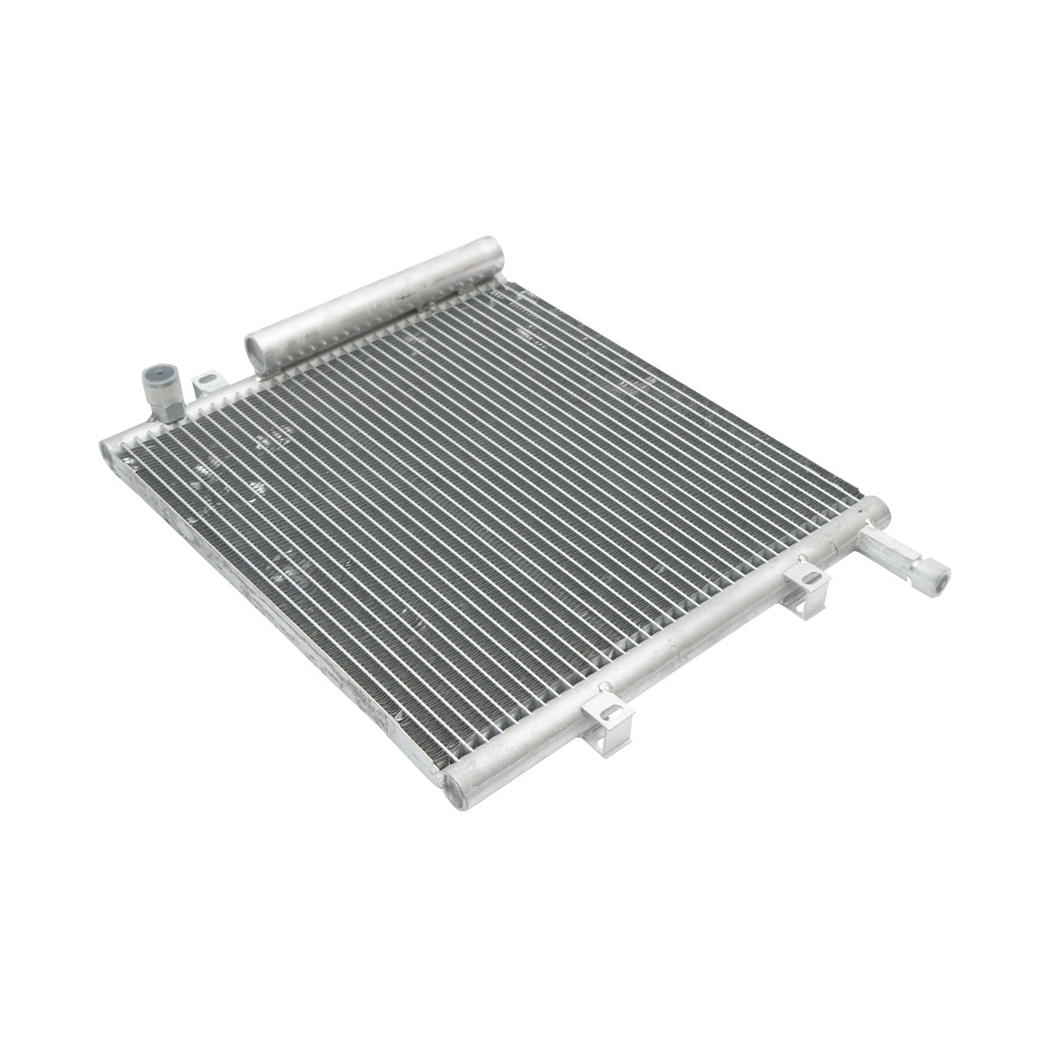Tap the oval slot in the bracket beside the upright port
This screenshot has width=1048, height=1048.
click(x=207, y=380)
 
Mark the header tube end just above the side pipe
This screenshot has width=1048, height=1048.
click(x=877, y=507)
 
